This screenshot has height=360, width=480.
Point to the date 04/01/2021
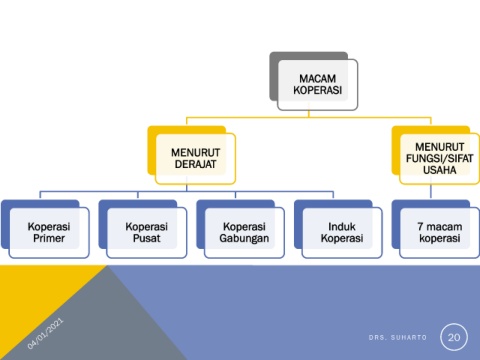click(x=45, y=334)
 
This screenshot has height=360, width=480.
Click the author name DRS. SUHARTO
click(x=398, y=337)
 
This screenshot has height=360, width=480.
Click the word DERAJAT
click(x=195, y=164)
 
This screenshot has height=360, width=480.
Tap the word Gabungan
click(x=244, y=239)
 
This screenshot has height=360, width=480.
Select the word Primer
click(x=49, y=238)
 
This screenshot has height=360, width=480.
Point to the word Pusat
click(x=147, y=238)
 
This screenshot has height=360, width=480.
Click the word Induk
click(x=342, y=227)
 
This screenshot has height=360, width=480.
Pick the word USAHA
click(x=440, y=170)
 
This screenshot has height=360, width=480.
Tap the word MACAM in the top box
click(x=318, y=79)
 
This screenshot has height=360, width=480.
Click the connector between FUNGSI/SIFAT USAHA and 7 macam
click(x=431, y=192)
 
